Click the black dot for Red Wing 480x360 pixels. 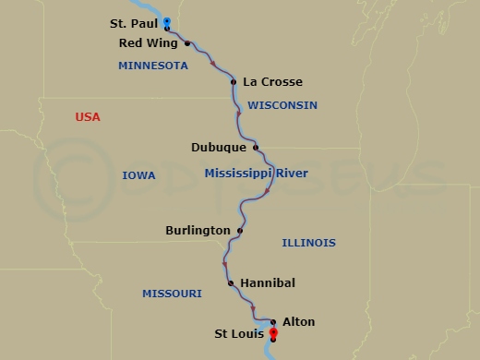[187, 43]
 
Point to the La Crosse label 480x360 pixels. [272, 82]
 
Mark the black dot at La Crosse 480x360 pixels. [234, 82]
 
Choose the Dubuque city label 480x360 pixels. [219, 147]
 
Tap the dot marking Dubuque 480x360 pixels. [256, 147]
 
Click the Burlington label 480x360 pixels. [198, 230]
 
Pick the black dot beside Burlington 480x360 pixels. [240, 230]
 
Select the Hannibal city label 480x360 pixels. [268, 283]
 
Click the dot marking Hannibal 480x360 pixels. [231, 283]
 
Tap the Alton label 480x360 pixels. [298, 322]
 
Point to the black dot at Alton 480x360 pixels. [273, 322]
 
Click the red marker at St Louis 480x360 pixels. [273, 333]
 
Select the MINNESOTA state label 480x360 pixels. [153, 66]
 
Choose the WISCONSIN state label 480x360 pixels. [282, 105]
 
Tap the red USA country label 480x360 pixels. [88, 117]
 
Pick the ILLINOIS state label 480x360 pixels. [308, 243]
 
